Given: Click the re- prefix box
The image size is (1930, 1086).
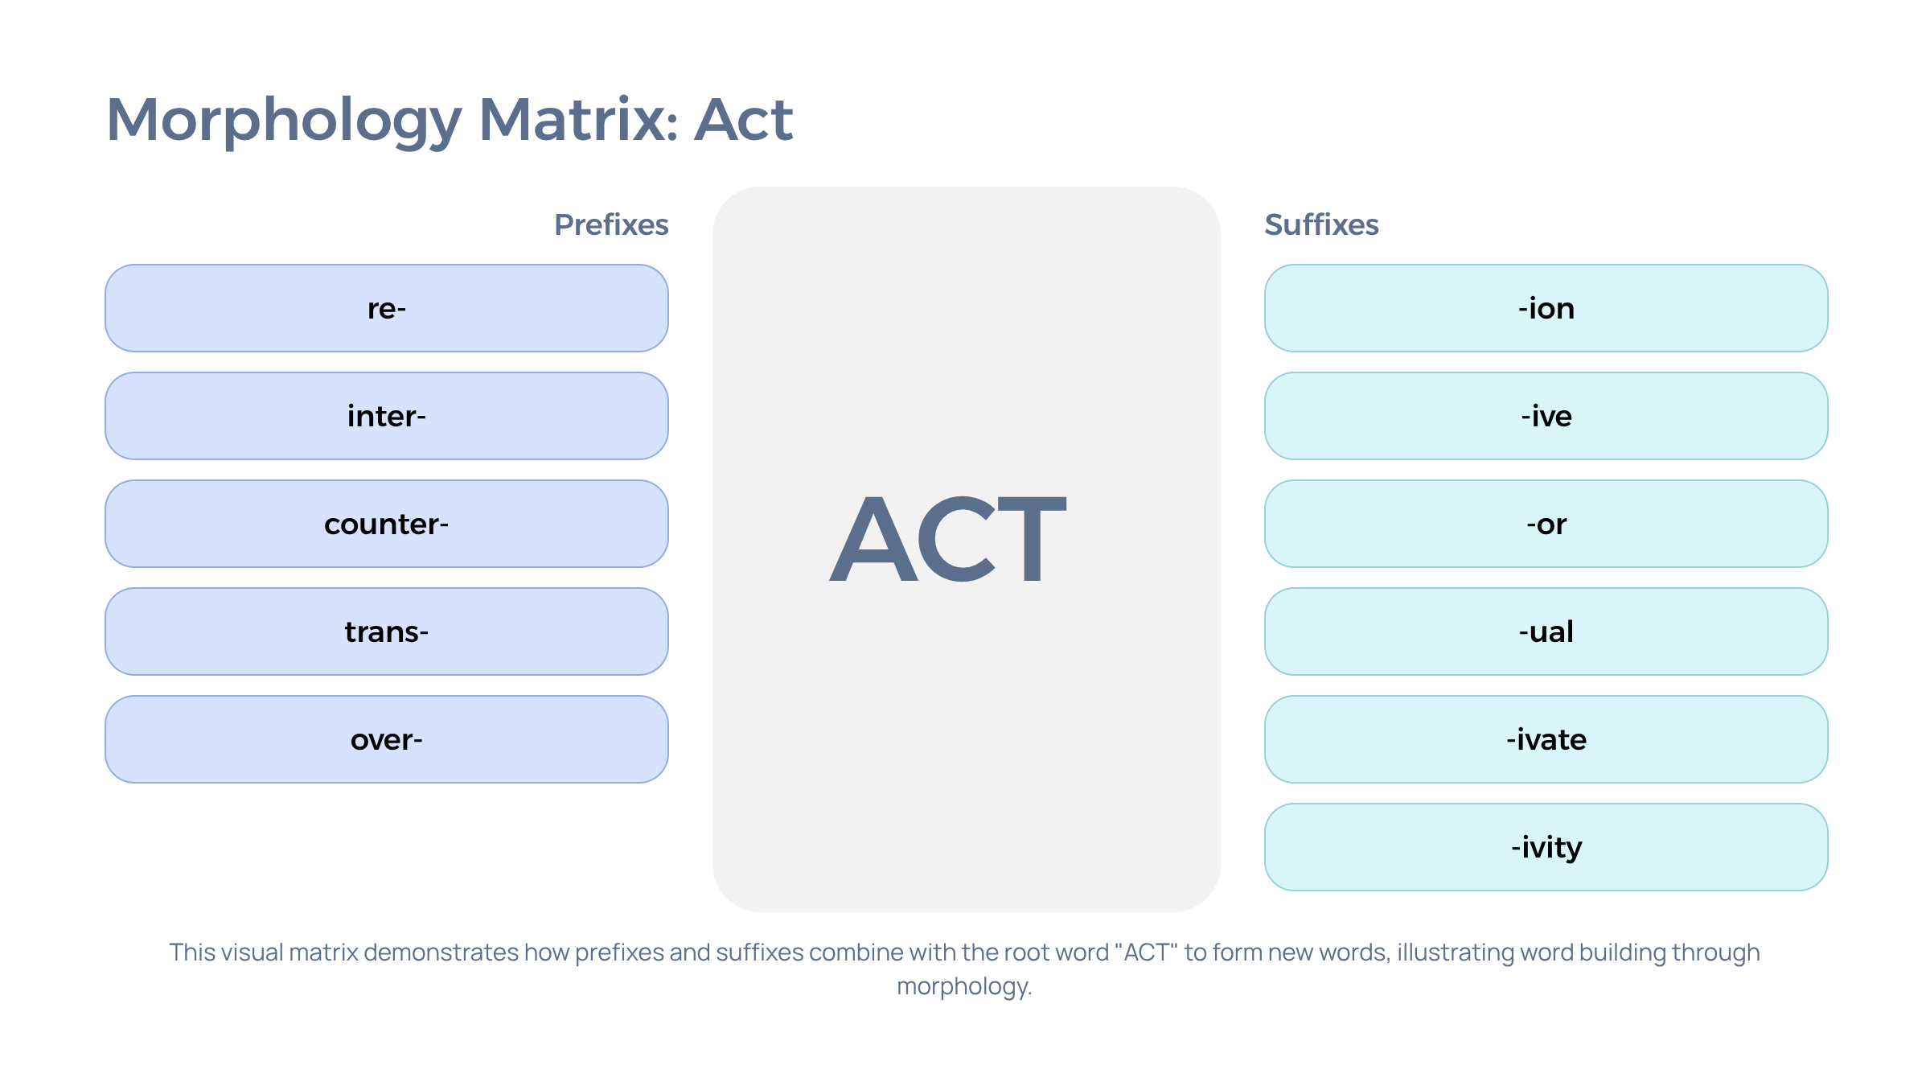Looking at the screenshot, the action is click(387, 308).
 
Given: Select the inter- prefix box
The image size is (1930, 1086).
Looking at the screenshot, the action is click(387, 416).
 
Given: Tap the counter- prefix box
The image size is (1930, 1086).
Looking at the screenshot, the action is click(387, 524).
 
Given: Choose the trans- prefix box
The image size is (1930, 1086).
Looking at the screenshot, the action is click(387, 631).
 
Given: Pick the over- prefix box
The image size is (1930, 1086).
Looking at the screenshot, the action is click(387, 739).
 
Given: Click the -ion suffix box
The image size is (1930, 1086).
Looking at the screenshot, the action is click(1546, 308).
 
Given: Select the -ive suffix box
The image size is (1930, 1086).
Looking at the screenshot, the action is click(1546, 416).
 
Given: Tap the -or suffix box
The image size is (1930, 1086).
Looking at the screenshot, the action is click(1546, 524).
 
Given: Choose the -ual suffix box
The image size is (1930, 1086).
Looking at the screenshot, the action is click(1546, 631).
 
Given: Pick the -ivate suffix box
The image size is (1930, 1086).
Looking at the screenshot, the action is click(1546, 739).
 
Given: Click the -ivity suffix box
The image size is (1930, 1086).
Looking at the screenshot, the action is click(1546, 847).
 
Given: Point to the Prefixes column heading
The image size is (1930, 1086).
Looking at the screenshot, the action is click(611, 225).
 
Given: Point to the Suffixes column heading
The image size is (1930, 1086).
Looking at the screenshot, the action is click(1321, 225).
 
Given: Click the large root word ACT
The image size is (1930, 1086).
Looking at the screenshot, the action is click(948, 538).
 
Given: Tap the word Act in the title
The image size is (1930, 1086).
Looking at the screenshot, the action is click(744, 119).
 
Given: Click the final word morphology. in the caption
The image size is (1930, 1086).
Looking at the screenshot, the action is click(964, 987).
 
